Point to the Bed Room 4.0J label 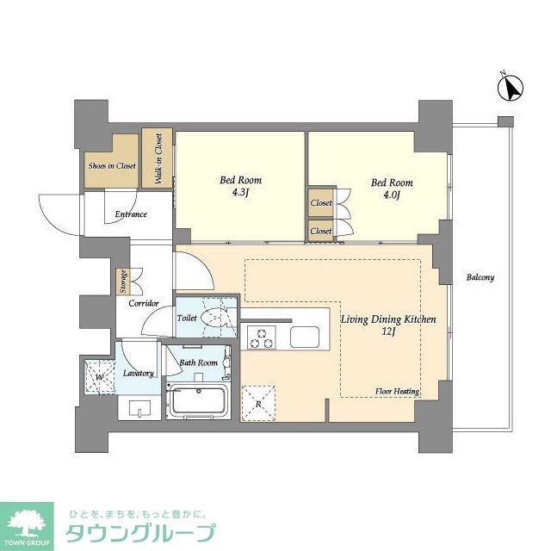[392, 189]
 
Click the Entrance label [129, 214]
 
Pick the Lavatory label [138, 373]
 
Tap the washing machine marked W [101, 377]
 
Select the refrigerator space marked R [258, 402]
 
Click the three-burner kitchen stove [260, 337]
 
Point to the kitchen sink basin [305, 337]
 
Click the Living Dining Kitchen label [388, 325]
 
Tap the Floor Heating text [397, 392]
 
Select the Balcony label [480, 277]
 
